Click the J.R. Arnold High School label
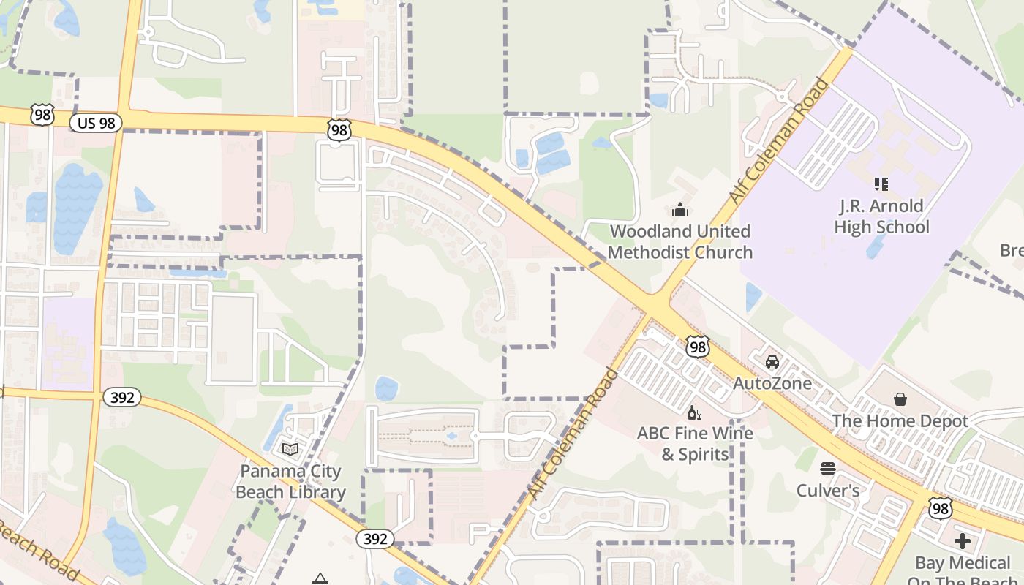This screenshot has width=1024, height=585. tap(881, 216)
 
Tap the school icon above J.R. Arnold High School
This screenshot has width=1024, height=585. tap(881, 184)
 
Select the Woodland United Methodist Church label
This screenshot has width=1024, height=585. tap(680, 242)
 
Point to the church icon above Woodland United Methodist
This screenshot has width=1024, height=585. tap(680, 211)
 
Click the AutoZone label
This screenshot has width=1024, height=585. tap(772, 383)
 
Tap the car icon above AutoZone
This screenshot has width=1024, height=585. tap(772, 362)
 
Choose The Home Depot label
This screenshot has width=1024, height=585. tap(900, 421)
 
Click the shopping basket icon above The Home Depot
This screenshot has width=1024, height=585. tap(900, 399)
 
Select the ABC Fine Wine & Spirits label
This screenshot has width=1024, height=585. tap(695, 443)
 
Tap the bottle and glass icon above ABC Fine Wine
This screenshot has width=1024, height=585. tap(694, 413)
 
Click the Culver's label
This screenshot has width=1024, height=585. tap(828, 490)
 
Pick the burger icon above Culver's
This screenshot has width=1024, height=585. tap(828, 468)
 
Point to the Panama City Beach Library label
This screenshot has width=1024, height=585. tap(290, 481)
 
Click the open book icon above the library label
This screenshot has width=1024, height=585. tap(290, 449)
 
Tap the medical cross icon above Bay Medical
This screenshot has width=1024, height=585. tap(963, 541)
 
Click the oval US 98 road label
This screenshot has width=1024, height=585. tap(96, 123)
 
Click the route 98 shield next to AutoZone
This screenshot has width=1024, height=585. tap(698, 347)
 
